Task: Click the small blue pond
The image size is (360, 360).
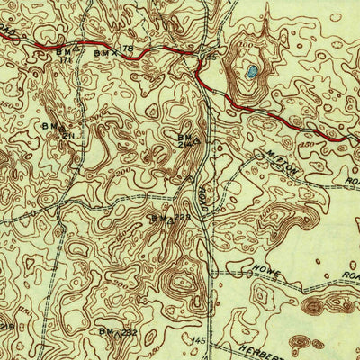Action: [253, 70]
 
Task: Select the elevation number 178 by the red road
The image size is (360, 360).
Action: [127, 48]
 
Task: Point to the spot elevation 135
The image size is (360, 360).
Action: [212, 56]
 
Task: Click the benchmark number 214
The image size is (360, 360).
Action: [184, 143]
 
